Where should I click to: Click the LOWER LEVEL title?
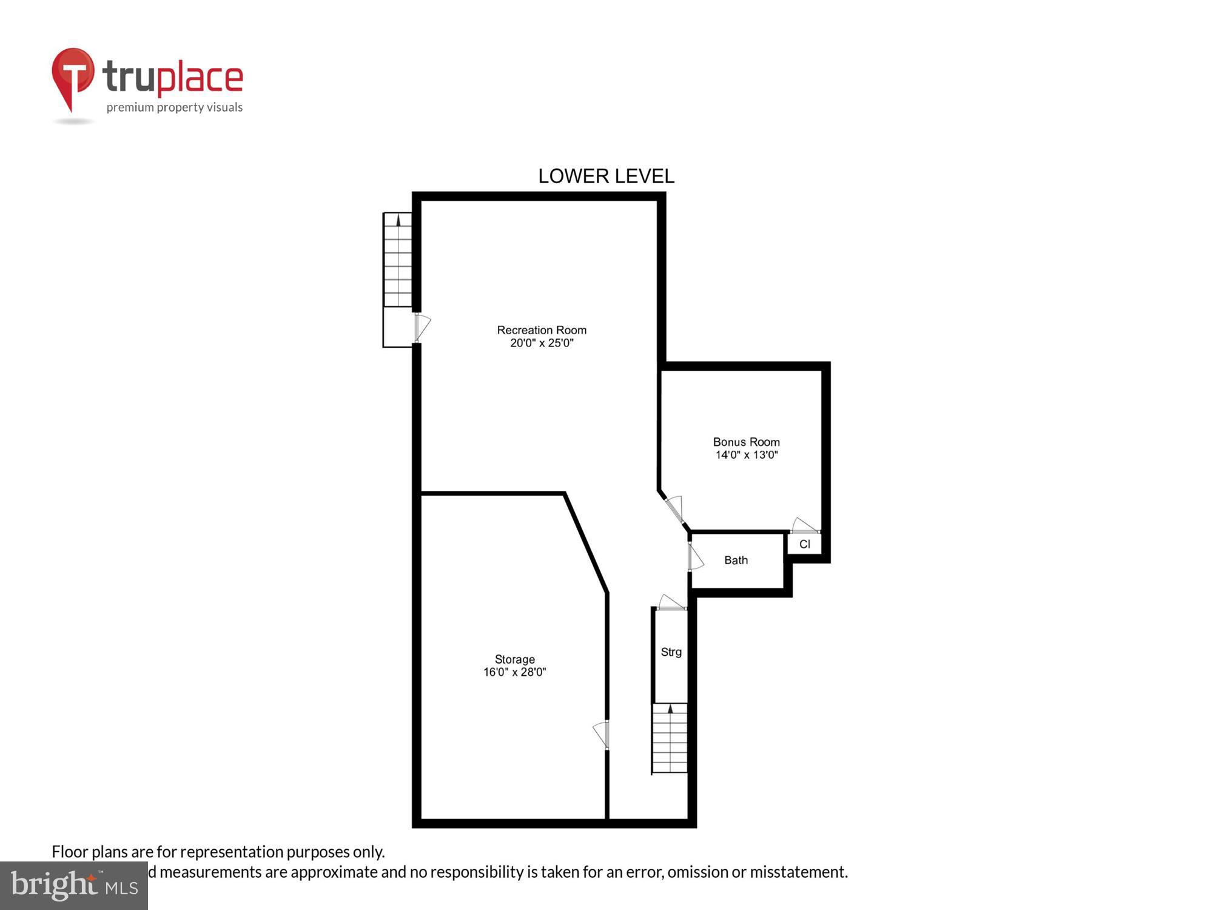pyautogui.click(x=606, y=177)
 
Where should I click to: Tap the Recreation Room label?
pyautogui.click(x=542, y=330)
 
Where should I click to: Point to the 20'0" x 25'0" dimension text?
pyautogui.click(x=542, y=343)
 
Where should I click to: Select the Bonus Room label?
pyautogui.click(x=746, y=442)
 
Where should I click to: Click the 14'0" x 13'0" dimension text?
pyautogui.click(x=746, y=455)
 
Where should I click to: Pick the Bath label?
pyautogui.click(x=736, y=561)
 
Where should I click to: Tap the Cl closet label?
pyautogui.click(x=804, y=544)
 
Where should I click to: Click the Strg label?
pyautogui.click(x=671, y=652)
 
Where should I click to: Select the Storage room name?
pyautogui.click(x=514, y=659)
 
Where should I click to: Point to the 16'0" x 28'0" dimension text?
pyautogui.click(x=514, y=672)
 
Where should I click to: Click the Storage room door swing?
pyautogui.click(x=602, y=735)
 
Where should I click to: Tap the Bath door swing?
pyautogui.click(x=695, y=557)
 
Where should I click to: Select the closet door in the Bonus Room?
pyautogui.click(x=805, y=526)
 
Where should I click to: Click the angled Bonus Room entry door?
pyautogui.click(x=676, y=508)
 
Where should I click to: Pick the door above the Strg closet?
pyautogui.click(x=671, y=602)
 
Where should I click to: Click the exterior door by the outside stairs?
pyautogui.click(x=422, y=327)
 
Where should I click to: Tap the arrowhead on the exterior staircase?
pyautogui.click(x=398, y=221)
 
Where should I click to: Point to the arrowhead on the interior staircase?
pyautogui.click(x=670, y=709)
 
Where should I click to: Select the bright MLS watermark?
pyautogui.click(x=74, y=885)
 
